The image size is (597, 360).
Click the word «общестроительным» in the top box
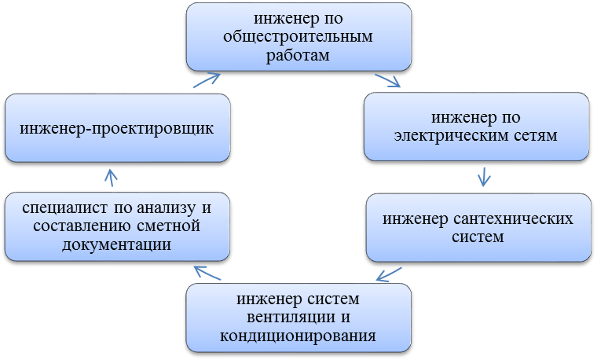pyautogui.click(x=298, y=37)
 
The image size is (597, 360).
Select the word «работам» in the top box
pyautogui.click(x=298, y=56)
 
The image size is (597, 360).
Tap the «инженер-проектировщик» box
pyautogui.click(x=117, y=127)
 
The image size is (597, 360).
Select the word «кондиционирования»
pyautogui.click(x=298, y=336)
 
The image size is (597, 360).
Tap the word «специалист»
pyautogui.click(x=65, y=208)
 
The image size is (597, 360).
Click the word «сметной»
pyautogui.click(x=168, y=226)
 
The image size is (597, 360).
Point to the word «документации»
pyautogui.click(x=116, y=244)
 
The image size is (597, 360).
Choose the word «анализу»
pyautogui.click(x=166, y=208)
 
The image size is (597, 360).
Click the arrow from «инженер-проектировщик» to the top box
pyautogui.click(x=207, y=80)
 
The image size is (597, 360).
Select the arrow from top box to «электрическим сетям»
pyautogui.click(x=387, y=80)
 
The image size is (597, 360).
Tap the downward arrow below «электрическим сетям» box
pyautogui.click(x=484, y=177)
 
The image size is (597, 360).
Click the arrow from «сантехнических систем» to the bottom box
pyautogui.click(x=389, y=274)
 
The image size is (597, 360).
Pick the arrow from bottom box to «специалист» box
pyautogui.click(x=207, y=273)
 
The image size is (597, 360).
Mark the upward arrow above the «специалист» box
pyautogui.click(x=111, y=178)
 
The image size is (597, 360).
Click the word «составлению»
pyautogui.click(x=82, y=226)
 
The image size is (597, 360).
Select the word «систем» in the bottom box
pyautogui.click(x=333, y=299)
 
